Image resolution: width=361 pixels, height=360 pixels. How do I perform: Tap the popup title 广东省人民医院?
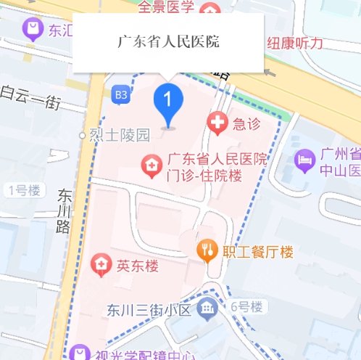(168, 41)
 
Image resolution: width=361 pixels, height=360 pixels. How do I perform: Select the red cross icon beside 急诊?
(216, 123)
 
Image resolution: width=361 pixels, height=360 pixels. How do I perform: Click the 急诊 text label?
(246, 123)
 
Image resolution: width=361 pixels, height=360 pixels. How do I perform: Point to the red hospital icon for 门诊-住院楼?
(151, 165)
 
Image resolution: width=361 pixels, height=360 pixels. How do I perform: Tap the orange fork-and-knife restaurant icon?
(207, 251)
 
